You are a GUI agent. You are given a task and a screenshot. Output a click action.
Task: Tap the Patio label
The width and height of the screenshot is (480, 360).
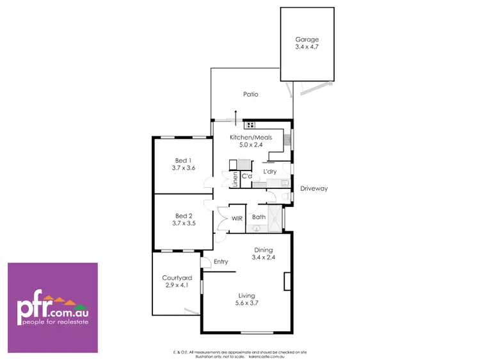click(x=250, y=94)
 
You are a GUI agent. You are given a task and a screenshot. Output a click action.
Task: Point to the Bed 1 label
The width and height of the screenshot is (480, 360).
click(x=183, y=160)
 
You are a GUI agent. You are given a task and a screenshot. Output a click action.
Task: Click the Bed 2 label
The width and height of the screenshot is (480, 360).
click(x=183, y=216)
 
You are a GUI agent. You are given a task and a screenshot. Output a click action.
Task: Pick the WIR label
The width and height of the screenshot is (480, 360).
click(x=237, y=218)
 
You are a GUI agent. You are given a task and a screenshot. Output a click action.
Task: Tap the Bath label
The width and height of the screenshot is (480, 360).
click(x=259, y=217)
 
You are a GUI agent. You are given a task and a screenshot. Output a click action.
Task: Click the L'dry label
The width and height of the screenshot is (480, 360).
click(x=269, y=172)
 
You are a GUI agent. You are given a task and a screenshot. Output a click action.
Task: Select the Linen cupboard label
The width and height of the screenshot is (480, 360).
click(x=235, y=178)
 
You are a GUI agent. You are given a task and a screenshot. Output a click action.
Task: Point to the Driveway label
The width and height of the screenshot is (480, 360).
click(x=314, y=188)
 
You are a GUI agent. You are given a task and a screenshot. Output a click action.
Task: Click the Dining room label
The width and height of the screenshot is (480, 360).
click(x=263, y=250)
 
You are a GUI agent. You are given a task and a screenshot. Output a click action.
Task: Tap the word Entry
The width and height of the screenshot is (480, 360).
click(x=221, y=261)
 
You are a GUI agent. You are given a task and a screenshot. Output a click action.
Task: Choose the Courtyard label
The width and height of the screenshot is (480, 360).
click(x=177, y=277)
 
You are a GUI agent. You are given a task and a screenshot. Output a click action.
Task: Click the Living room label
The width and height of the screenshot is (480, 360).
click(x=247, y=295)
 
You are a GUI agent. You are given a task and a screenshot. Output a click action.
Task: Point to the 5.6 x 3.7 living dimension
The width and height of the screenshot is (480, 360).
click(x=247, y=302)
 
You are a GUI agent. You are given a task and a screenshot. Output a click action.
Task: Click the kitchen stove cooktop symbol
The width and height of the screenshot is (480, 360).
click(x=250, y=126)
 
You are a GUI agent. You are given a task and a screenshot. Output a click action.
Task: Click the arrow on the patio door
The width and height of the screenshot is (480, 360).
click(x=236, y=116)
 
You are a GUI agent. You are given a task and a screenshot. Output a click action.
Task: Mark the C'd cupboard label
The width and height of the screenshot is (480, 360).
click(x=246, y=176)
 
